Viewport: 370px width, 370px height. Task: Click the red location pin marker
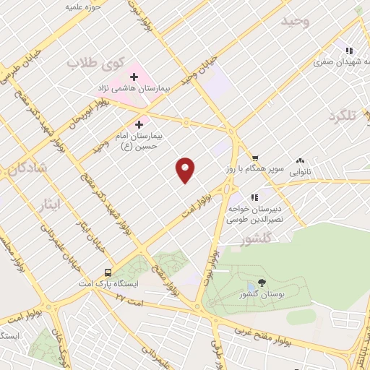[x=186, y=170]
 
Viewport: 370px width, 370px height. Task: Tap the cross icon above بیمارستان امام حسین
[x=139, y=124]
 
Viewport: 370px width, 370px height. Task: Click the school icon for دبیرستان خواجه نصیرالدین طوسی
[x=254, y=197]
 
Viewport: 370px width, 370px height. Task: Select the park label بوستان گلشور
[x=261, y=296]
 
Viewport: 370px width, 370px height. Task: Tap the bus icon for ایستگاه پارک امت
[x=108, y=272]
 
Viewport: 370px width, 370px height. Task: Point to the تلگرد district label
[x=343, y=116]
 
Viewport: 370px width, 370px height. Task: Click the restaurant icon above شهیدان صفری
[x=349, y=51]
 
